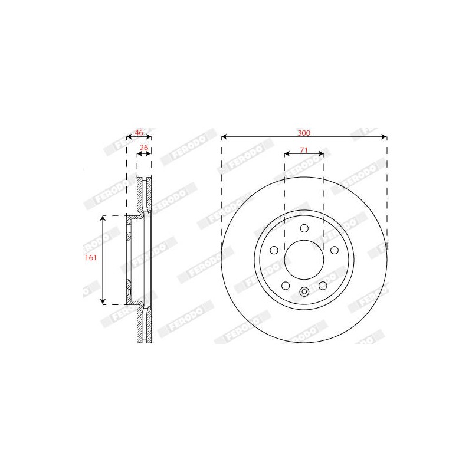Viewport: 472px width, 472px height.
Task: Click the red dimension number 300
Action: point(304,133)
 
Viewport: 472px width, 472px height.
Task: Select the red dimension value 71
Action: point(304,150)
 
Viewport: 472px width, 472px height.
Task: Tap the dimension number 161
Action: point(91,258)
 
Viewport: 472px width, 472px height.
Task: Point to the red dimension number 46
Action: point(139,132)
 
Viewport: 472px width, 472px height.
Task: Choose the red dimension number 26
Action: point(144,147)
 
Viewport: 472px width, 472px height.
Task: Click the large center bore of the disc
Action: point(304,260)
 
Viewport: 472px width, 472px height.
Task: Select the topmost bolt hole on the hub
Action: point(304,228)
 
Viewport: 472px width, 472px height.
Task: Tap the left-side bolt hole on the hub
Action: point(274,250)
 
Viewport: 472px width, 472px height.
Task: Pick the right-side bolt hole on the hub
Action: point(335,250)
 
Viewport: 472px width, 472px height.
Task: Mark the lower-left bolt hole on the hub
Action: point(286,286)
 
